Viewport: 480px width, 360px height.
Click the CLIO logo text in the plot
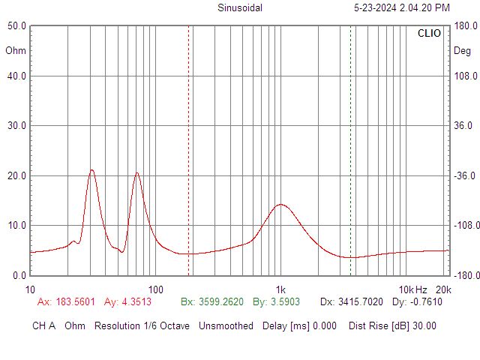(x=429, y=34)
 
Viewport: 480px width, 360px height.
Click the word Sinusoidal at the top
(x=240, y=8)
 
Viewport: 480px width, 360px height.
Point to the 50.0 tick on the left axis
(x=16, y=25)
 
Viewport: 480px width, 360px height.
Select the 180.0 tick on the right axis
(x=466, y=25)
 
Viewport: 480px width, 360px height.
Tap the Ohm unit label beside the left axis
(x=15, y=51)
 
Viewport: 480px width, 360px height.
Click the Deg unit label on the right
(x=462, y=51)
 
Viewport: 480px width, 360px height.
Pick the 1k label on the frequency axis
(x=280, y=290)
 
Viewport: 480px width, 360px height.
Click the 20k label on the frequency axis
(x=443, y=290)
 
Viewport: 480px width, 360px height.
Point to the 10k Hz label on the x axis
(x=412, y=290)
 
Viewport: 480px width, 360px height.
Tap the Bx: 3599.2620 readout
(x=212, y=302)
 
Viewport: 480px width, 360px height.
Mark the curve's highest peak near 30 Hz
(x=91, y=169)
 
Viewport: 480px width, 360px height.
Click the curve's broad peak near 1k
(x=280, y=204)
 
